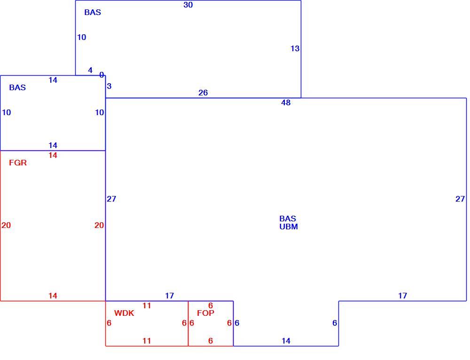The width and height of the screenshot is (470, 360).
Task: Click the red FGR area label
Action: coord(18,163)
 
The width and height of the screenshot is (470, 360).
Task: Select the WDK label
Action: coord(124,313)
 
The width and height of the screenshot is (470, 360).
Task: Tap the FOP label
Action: coord(206,313)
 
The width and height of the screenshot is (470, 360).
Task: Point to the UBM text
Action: coord(289,227)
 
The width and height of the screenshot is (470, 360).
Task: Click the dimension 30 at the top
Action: coord(188,5)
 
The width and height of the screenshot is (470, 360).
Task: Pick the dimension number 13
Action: coord(295,48)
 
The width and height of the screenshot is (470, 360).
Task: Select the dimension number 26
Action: coord(203,93)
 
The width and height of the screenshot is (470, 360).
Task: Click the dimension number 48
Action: coord(286,103)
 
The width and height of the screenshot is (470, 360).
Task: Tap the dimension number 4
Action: coord(90,70)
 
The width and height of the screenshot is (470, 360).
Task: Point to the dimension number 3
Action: coord(109,86)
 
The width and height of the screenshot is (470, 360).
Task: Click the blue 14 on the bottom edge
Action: coord(286,341)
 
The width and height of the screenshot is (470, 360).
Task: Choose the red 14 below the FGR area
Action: coord(53,296)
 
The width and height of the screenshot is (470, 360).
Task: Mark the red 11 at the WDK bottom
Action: coord(147,341)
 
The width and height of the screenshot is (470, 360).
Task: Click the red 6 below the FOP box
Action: coord(211,341)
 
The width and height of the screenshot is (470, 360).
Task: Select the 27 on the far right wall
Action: coord(460,199)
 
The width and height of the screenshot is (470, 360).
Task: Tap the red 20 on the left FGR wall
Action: coord(6,226)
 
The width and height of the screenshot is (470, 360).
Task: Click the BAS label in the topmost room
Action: coord(93,12)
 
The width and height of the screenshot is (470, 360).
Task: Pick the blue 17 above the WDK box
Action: coord(169,296)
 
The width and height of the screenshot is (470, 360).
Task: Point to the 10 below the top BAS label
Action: coord(81,37)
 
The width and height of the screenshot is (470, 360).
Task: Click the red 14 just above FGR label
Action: coord(53,155)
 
